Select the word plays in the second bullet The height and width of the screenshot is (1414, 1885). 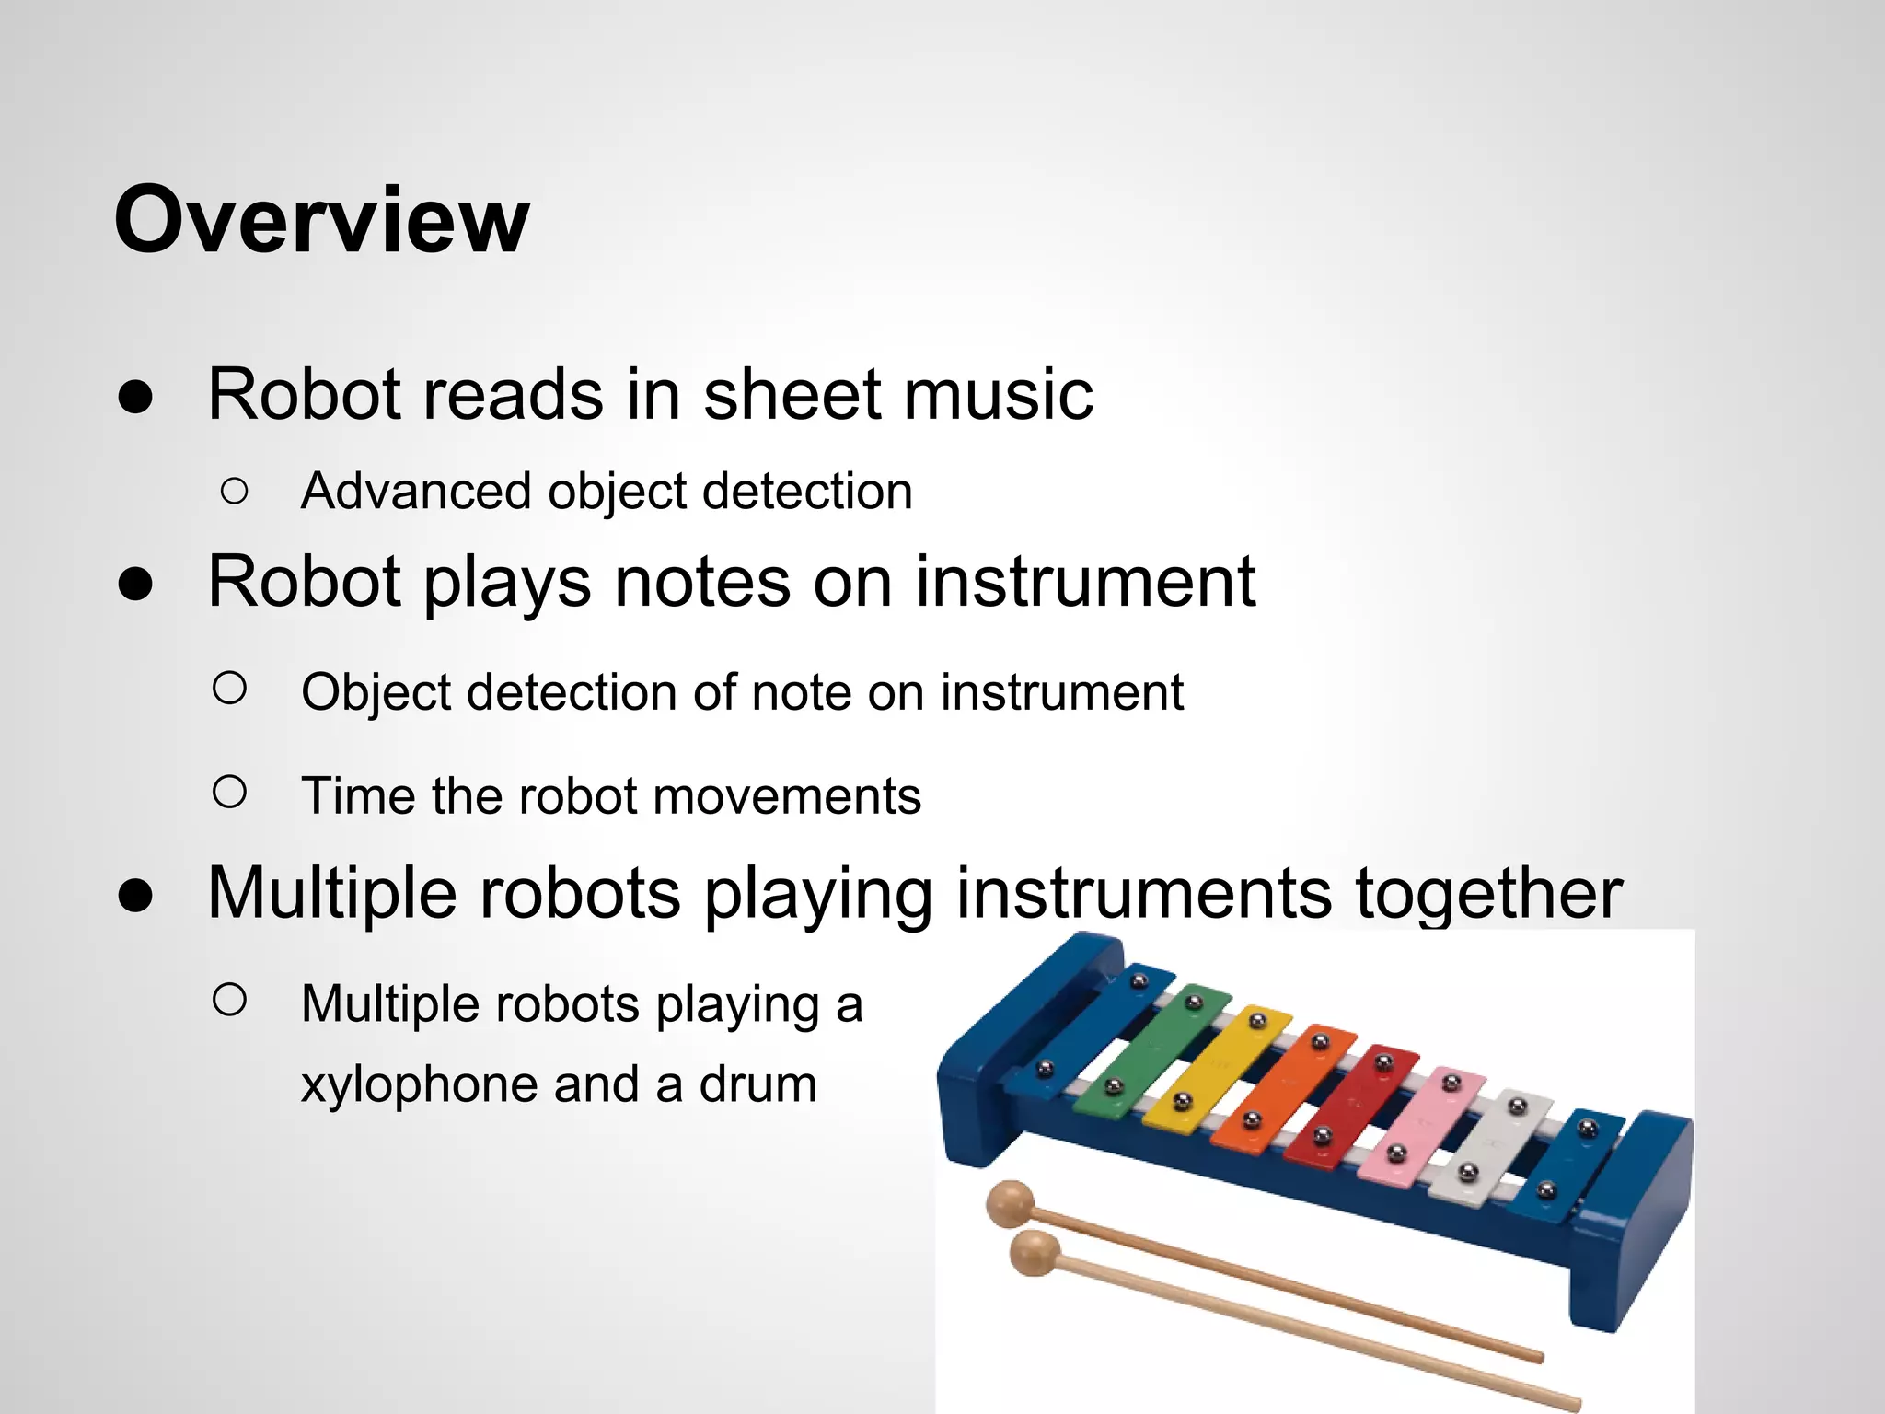[506, 583]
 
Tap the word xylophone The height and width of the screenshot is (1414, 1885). [419, 1084]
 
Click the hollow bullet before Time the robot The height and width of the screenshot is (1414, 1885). [229, 792]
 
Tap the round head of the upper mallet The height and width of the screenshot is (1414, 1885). [1010, 1203]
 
